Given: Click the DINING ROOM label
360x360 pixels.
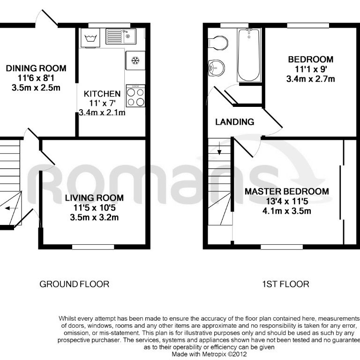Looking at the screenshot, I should tap(36, 68).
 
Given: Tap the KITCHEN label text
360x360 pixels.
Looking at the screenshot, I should tap(102, 94).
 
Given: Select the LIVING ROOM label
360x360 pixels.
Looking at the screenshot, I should tap(94, 197).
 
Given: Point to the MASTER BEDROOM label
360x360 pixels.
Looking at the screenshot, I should tap(286, 191).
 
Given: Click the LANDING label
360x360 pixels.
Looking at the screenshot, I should tap(234, 122).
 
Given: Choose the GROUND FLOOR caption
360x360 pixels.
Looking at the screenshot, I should tap(74, 284).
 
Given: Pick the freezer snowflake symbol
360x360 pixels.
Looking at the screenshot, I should tap(135, 60).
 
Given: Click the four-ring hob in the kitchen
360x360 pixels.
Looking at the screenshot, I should tap(135, 97).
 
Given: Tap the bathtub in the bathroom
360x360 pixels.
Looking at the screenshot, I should tap(248, 55).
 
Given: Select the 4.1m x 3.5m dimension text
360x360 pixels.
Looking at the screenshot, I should tap(286, 210).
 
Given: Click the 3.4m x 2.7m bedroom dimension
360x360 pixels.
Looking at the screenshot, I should tap(311, 79).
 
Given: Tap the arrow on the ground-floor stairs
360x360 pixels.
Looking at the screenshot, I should tap(13, 209).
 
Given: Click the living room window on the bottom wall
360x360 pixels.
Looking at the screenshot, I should tap(96, 247).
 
